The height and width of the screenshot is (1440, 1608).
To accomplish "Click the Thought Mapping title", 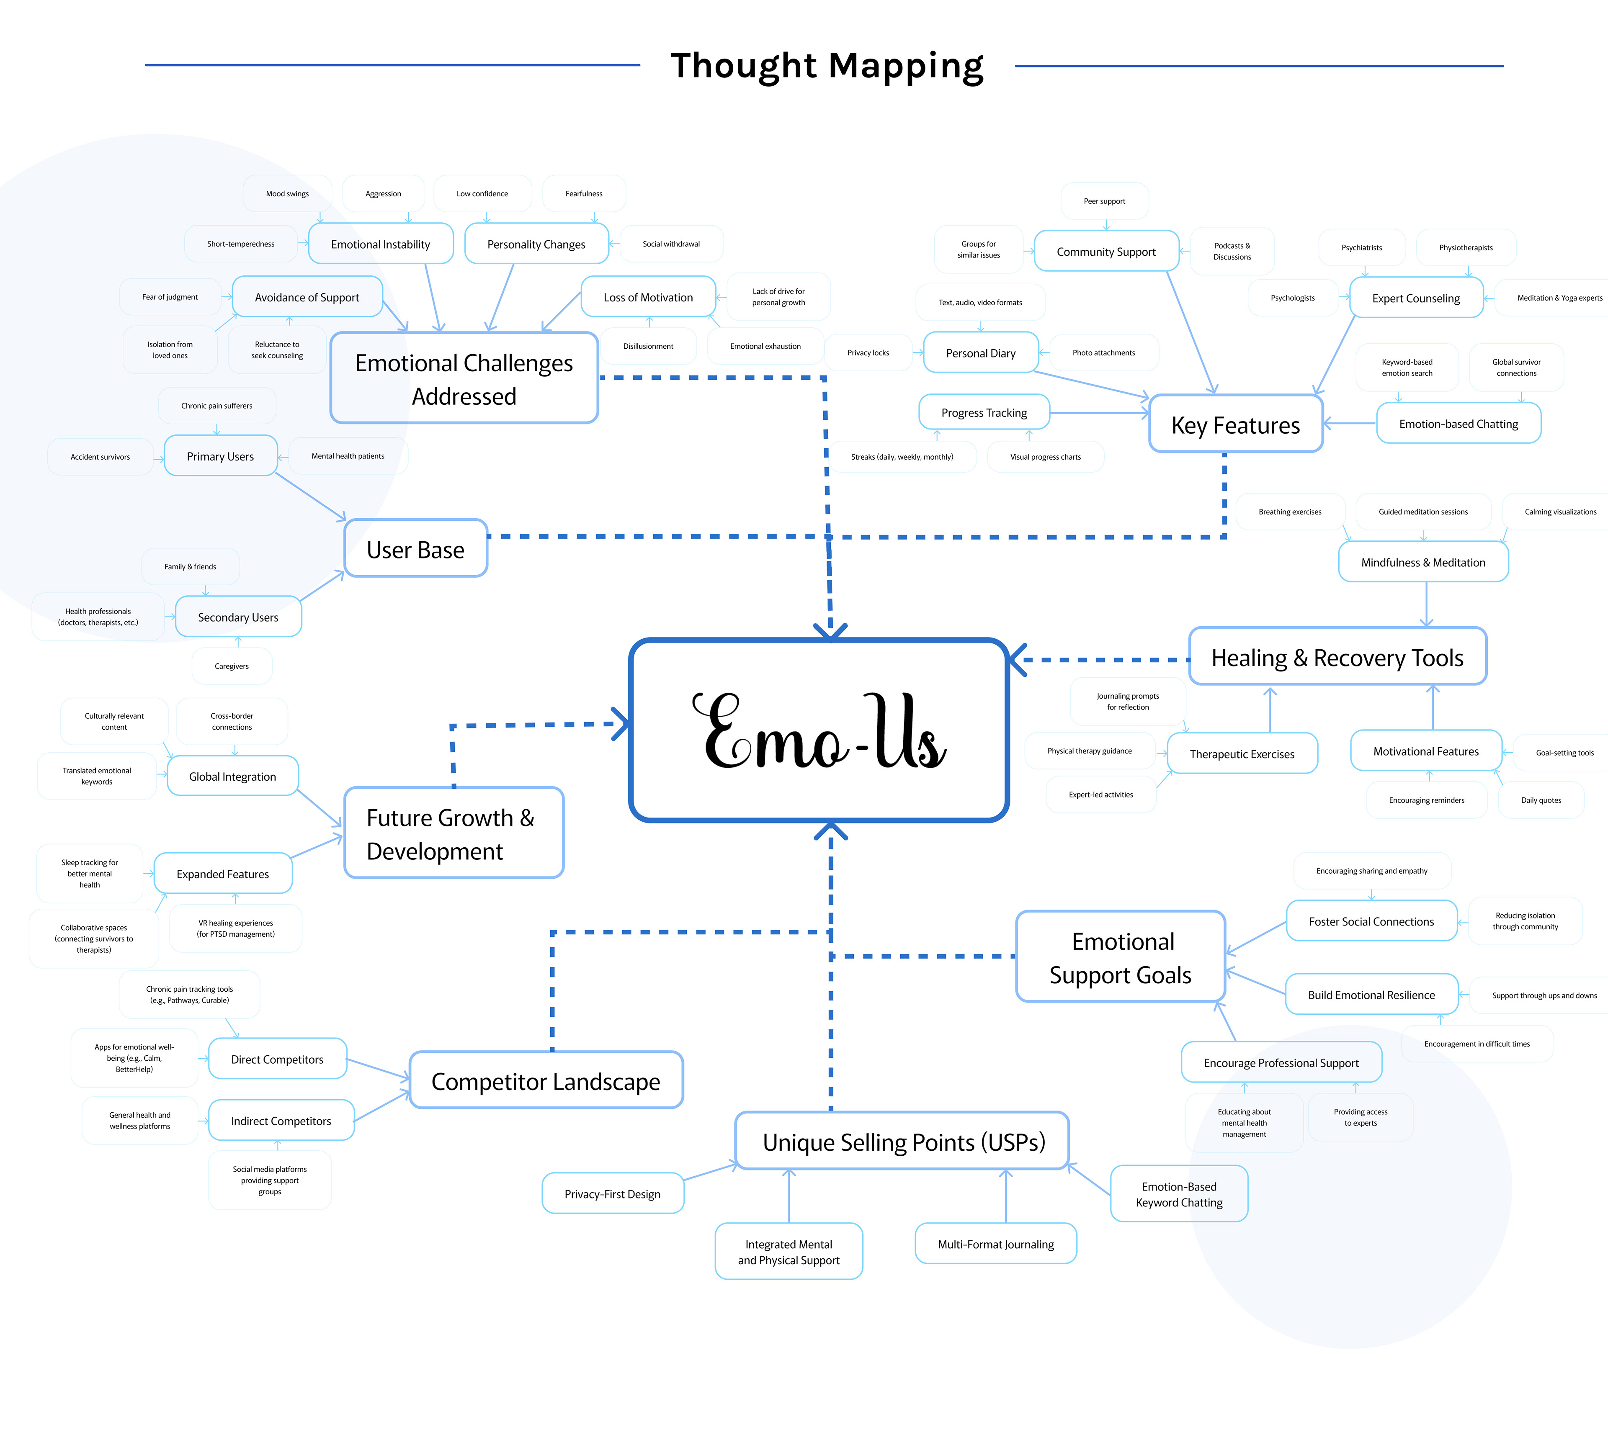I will tap(827, 66).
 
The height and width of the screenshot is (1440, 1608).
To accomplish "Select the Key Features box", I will tap(1235, 425).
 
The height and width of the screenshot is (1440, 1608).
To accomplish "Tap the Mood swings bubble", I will tap(287, 194).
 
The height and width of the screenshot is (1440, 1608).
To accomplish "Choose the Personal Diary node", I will tap(980, 353).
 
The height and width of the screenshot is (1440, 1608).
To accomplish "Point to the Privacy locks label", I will tap(868, 353).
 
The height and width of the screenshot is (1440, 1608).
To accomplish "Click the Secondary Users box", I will tap(238, 617).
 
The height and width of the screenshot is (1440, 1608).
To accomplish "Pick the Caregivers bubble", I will tap(232, 666).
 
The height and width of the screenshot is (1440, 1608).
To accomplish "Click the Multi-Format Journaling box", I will tap(995, 1244).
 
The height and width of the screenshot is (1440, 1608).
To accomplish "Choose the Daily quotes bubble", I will tap(1541, 800).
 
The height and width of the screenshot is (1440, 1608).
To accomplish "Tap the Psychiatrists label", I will tap(1361, 248).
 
